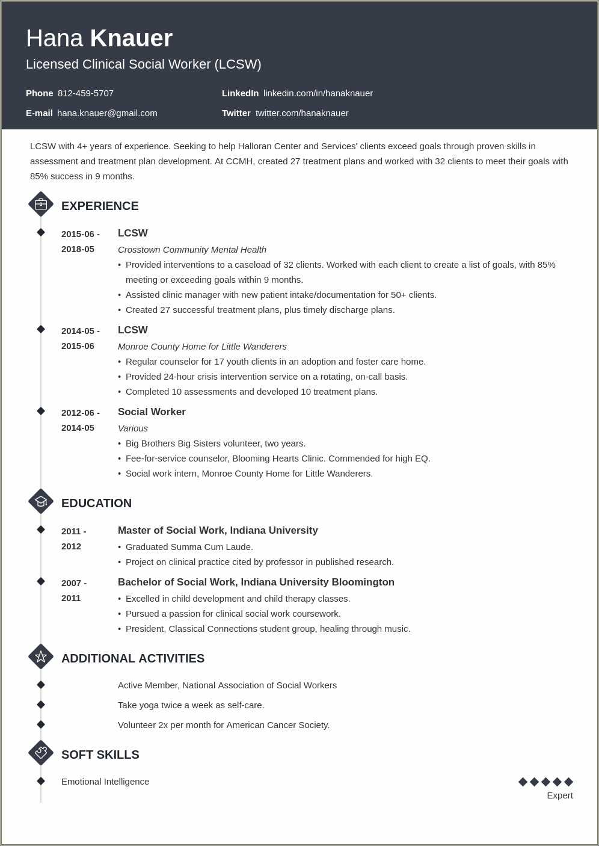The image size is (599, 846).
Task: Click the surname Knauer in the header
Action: point(131,39)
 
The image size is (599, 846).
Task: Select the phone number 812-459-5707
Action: point(85,93)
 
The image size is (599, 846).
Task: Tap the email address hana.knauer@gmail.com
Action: point(107,113)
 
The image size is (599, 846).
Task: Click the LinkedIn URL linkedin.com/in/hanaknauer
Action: point(318,93)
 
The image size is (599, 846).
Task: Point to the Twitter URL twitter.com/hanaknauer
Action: point(302,113)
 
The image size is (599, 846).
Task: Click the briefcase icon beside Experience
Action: point(41,205)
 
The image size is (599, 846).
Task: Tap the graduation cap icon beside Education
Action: point(41,502)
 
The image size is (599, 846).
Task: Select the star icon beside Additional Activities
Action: point(41,657)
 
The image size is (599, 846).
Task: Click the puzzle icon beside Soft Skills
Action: point(41,753)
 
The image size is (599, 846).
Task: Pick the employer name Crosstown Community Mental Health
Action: point(192,250)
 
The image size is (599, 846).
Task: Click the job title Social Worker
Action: point(152,412)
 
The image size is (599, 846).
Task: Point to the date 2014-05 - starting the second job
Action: point(81,331)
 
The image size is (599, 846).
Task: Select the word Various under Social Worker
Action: point(133,428)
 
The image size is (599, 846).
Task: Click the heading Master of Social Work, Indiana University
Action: point(218,531)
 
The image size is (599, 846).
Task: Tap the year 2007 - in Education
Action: point(74,583)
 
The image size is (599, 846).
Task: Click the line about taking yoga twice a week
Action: point(191,705)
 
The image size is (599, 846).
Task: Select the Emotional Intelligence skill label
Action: point(105,782)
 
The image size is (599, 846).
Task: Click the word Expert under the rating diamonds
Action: point(560,795)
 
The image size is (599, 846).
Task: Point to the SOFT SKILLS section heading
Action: point(100,755)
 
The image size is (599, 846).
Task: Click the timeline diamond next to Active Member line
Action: point(41,685)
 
